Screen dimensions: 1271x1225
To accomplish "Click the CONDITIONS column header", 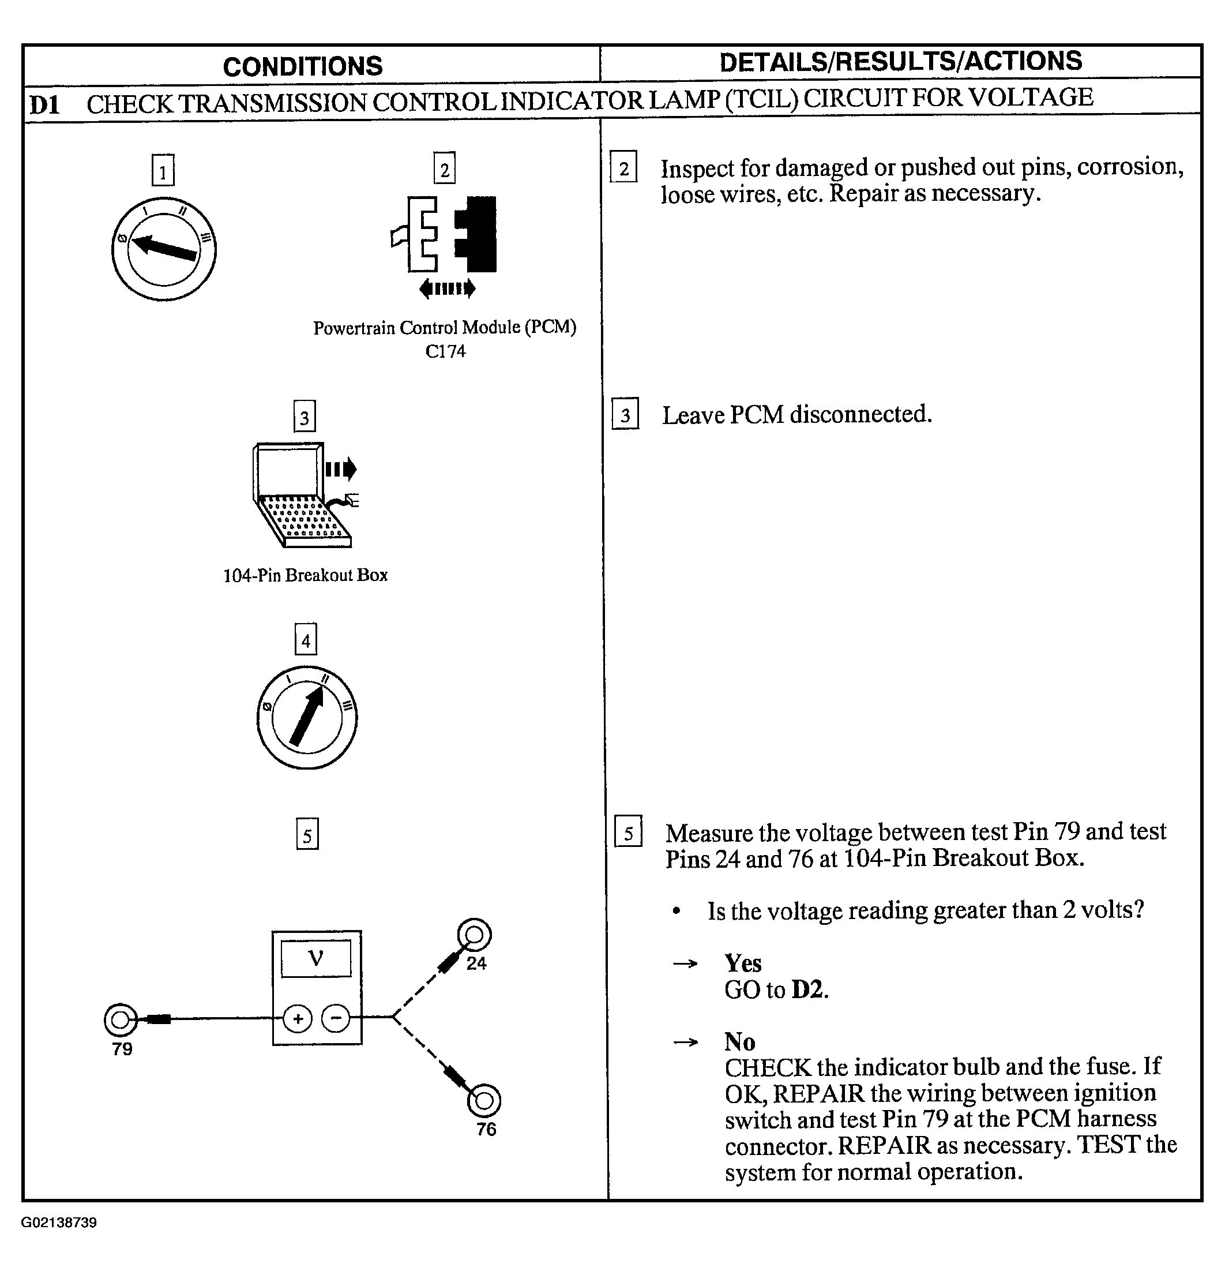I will click(x=303, y=66).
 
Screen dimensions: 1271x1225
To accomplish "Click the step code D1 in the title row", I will click(x=44, y=104).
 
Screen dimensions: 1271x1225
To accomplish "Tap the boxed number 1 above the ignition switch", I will click(x=163, y=171).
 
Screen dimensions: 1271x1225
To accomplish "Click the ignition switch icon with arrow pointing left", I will click(x=164, y=249).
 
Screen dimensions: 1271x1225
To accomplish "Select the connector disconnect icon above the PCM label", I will click(x=445, y=243).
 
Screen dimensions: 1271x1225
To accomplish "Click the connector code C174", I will click(x=445, y=351).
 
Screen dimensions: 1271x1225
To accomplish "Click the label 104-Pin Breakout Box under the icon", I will click(x=305, y=575).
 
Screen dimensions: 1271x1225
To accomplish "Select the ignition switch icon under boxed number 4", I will click(x=307, y=718).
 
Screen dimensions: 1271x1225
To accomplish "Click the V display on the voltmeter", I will click(x=315, y=958).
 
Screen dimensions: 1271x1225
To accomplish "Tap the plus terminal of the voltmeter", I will click(x=298, y=1018).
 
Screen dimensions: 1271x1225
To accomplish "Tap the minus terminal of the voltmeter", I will click(x=336, y=1018).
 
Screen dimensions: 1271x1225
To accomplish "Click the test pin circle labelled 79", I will click(x=121, y=1019).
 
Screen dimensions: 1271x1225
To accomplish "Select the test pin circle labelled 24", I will click(x=474, y=935).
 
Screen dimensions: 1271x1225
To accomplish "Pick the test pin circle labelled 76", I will click(x=483, y=1100).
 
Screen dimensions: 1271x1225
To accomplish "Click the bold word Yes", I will click(x=743, y=963).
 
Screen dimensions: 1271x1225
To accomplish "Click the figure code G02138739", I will click(x=59, y=1223).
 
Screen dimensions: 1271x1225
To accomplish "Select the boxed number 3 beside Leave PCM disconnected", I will click(x=625, y=414).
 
